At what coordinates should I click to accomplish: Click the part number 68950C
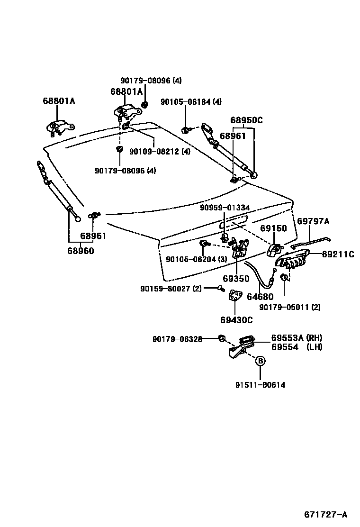click(x=246, y=120)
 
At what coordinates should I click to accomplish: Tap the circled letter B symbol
click(x=260, y=361)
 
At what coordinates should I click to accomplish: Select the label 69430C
click(x=236, y=320)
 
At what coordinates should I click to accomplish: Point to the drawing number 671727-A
click(x=325, y=514)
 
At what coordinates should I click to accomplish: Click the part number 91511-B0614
click(x=260, y=385)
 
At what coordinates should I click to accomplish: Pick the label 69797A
click(x=313, y=221)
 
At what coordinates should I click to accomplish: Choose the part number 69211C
click(x=338, y=254)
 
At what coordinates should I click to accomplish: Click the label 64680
click(x=260, y=297)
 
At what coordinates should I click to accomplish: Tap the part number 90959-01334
click(x=225, y=207)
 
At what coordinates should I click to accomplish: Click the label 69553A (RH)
click(x=297, y=338)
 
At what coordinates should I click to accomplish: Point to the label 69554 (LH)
click(x=297, y=347)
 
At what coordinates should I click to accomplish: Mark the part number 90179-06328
click(x=178, y=339)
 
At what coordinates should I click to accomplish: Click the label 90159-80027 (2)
click(x=171, y=288)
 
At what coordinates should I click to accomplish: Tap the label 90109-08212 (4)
click(x=160, y=152)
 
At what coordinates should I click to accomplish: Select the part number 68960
click(x=80, y=251)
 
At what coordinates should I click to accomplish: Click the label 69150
click(x=274, y=228)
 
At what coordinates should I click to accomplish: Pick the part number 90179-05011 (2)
click(x=290, y=307)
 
